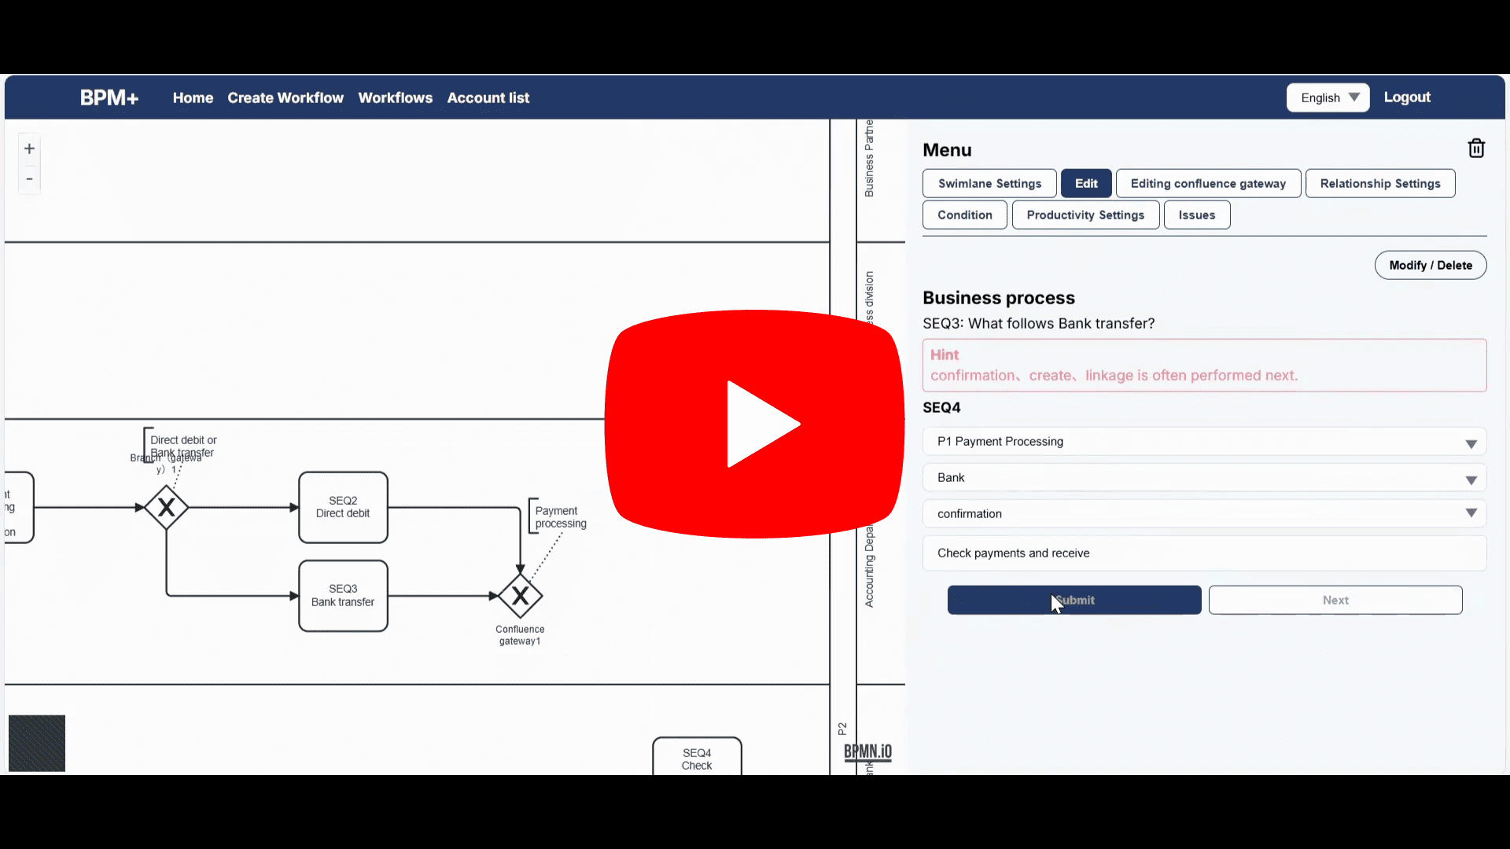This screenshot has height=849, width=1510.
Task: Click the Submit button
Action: [x=1074, y=600]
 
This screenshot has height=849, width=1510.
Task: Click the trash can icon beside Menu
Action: [x=1476, y=149]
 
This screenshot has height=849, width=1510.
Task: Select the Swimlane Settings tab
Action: [x=989, y=183]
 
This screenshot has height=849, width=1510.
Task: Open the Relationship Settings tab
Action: [x=1379, y=183]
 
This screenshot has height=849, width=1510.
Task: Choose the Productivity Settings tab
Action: [x=1085, y=215]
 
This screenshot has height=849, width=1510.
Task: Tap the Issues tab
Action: [x=1196, y=215]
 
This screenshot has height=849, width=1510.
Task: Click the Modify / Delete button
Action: [x=1430, y=265]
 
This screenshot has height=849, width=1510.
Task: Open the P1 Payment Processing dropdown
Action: [x=1204, y=442]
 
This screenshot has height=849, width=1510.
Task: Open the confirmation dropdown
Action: [x=1204, y=514]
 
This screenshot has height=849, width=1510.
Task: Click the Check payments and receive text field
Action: [x=1204, y=553]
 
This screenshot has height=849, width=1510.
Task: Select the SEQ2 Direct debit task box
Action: [x=343, y=507]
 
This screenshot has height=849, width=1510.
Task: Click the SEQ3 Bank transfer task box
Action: [x=343, y=596]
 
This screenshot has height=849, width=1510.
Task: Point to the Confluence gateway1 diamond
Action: [x=520, y=596]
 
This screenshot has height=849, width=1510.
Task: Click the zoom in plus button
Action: [x=29, y=149]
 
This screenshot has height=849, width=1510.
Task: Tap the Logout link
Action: [x=1407, y=97]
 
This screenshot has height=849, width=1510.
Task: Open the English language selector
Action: [x=1328, y=97]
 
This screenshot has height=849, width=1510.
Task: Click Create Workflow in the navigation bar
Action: [x=285, y=98]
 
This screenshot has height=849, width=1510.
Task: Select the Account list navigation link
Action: [x=488, y=98]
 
